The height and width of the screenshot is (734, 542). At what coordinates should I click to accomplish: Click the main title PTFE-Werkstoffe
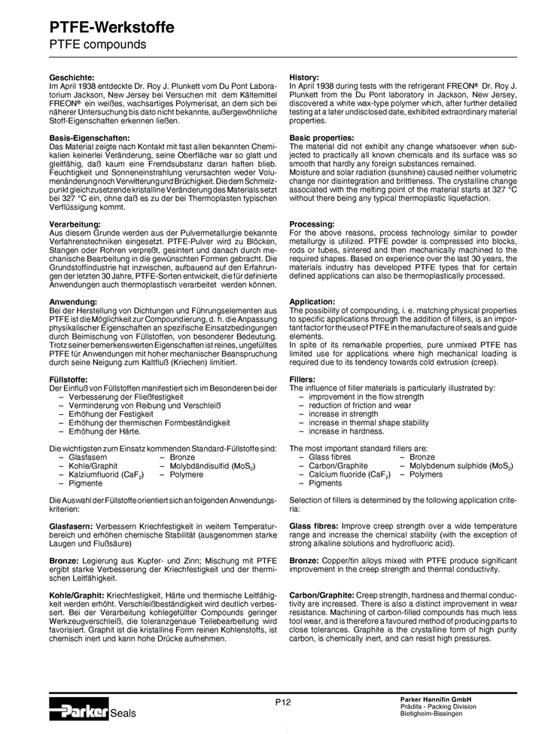111,27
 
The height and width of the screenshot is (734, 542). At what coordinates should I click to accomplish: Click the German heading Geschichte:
72,78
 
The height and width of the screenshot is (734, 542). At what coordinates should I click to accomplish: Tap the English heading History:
304,78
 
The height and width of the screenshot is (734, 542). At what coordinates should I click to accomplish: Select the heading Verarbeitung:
75,225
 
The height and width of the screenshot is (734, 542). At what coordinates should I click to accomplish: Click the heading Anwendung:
72,302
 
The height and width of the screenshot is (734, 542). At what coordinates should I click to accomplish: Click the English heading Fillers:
303,380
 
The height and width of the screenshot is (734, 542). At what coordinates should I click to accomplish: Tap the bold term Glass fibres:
315,525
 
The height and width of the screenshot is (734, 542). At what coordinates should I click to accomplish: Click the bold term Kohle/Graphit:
78,595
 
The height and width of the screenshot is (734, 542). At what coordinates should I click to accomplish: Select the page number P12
282,702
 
